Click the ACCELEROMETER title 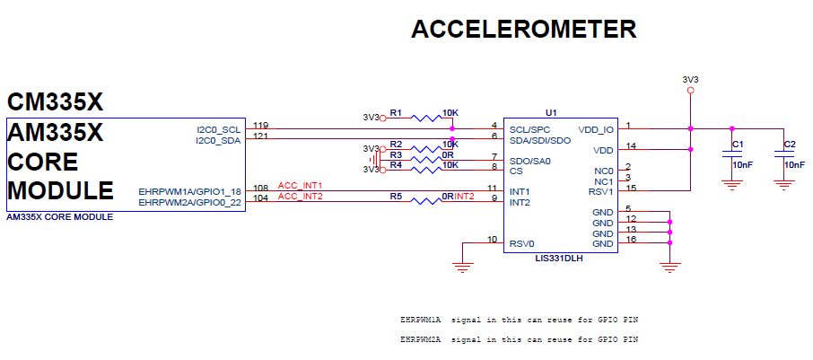pyautogui.click(x=523, y=30)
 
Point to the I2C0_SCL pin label pyautogui.click(x=219, y=129)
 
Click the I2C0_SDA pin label pyautogui.click(x=219, y=140)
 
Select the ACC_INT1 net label pyautogui.click(x=300, y=185)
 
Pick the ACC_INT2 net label pyautogui.click(x=300, y=196)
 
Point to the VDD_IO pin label pyautogui.click(x=597, y=129)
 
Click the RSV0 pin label pyautogui.click(x=522, y=244)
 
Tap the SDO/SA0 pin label pyautogui.click(x=530, y=162)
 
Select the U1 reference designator pyautogui.click(x=551, y=113)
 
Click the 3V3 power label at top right pyautogui.click(x=690, y=79)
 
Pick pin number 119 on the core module pyautogui.click(x=261, y=125)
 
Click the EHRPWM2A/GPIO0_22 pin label pyautogui.click(x=190, y=203)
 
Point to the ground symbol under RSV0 pyautogui.click(x=463, y=265)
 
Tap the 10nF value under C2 pyautogui.click(x=794, y=165)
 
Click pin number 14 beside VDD pyautogui.click(x=632, y=145)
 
